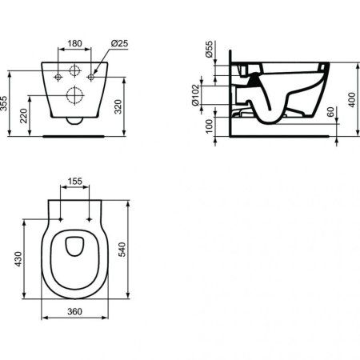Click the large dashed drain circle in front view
75,97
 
